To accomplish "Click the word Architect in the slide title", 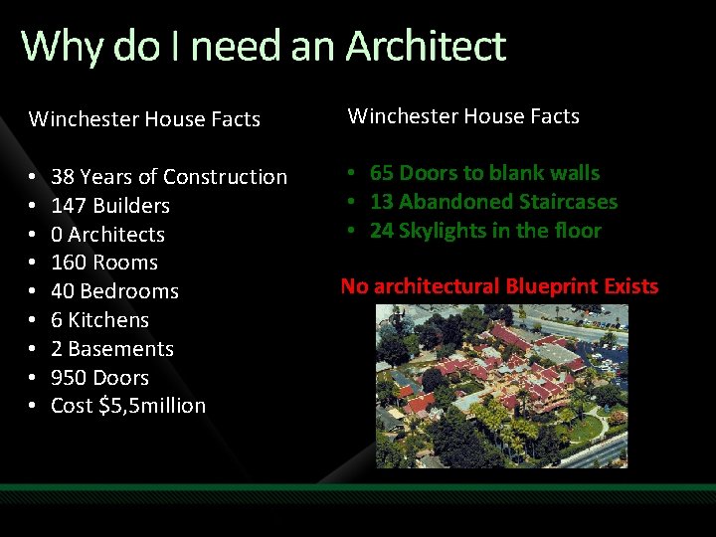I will [x=426, y=46].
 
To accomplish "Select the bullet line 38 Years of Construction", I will [x=168, y=177].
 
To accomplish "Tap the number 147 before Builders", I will [x=69, y=206].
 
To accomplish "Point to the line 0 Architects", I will [x=107, y=235].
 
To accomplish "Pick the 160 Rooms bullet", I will [x=104, y=263].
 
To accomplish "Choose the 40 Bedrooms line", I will [x=114, y=291].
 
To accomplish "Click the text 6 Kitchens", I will [x=99, y=320].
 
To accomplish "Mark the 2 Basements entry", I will [x=111, y=349].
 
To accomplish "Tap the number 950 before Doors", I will [x=69, y=378].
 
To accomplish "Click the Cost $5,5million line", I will [x=127, y=406].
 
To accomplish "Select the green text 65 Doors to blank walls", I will [x=484, y=173].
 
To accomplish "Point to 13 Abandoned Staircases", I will [x=493, y=202].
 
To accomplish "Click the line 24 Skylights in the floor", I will [x=485, y=231].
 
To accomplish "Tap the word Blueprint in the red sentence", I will [x=553, y=286].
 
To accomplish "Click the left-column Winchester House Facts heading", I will [x=144, y=119].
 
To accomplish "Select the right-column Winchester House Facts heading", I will [x=462, y=116].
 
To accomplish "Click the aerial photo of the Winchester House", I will [x=502, y=386].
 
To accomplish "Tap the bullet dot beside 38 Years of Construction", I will [x=33, y=177].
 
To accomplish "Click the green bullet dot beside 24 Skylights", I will [x=352, y=231].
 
